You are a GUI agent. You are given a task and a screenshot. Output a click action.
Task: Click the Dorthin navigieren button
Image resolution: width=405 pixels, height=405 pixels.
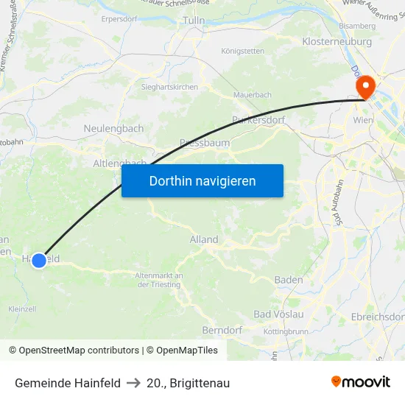point(202,180)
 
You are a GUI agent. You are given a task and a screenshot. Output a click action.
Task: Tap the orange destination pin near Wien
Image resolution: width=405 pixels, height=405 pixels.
point(364,89)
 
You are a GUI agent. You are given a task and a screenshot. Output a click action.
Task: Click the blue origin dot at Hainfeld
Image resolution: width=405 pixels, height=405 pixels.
point(39,260)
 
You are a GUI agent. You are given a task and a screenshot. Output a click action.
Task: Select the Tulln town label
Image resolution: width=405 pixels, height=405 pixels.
point(193,20)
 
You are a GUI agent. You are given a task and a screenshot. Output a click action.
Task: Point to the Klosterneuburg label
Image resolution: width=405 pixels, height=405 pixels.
point(337,42)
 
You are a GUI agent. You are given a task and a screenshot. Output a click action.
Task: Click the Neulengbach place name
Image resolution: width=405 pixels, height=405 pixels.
point(113,128)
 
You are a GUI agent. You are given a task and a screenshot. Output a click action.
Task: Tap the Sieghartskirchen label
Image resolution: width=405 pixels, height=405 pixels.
point(169,87)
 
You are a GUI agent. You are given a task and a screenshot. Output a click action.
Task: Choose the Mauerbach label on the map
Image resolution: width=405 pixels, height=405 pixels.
point(253,95)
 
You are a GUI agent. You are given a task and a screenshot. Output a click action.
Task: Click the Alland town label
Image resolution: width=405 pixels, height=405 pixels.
point(204,239)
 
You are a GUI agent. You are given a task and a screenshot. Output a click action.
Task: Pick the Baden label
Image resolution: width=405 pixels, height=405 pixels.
point(289,280)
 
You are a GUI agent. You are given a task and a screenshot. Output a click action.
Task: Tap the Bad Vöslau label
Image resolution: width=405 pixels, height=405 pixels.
point(278,314)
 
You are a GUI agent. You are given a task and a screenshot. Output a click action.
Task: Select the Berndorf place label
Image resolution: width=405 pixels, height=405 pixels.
point(222,330)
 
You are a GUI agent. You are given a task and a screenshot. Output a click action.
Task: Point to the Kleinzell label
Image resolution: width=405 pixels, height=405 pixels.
point(22,309)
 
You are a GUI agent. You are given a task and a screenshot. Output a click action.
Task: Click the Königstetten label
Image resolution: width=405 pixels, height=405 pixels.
point(242,51)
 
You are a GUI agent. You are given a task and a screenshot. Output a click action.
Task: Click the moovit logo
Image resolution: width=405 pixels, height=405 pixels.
point(360,381)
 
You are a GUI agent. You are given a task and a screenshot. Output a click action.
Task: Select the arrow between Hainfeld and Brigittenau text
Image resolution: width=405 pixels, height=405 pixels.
point(133,383)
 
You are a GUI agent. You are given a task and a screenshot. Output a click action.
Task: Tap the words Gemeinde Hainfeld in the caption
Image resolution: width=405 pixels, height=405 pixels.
point(68,383)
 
